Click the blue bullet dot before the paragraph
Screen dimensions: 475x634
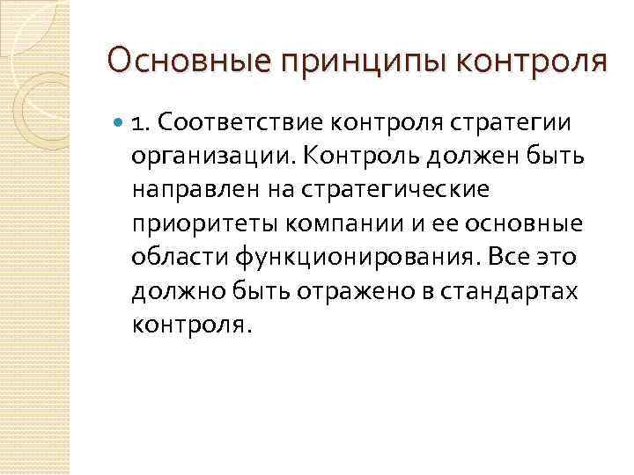coord(117,122)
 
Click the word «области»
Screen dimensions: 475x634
coord(179,257)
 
